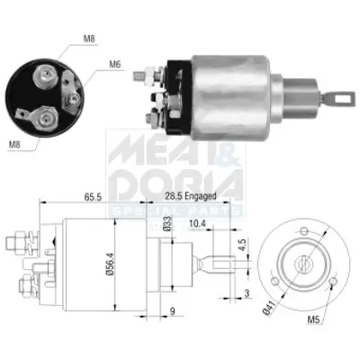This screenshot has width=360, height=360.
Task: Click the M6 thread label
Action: (x=115, y=64)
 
